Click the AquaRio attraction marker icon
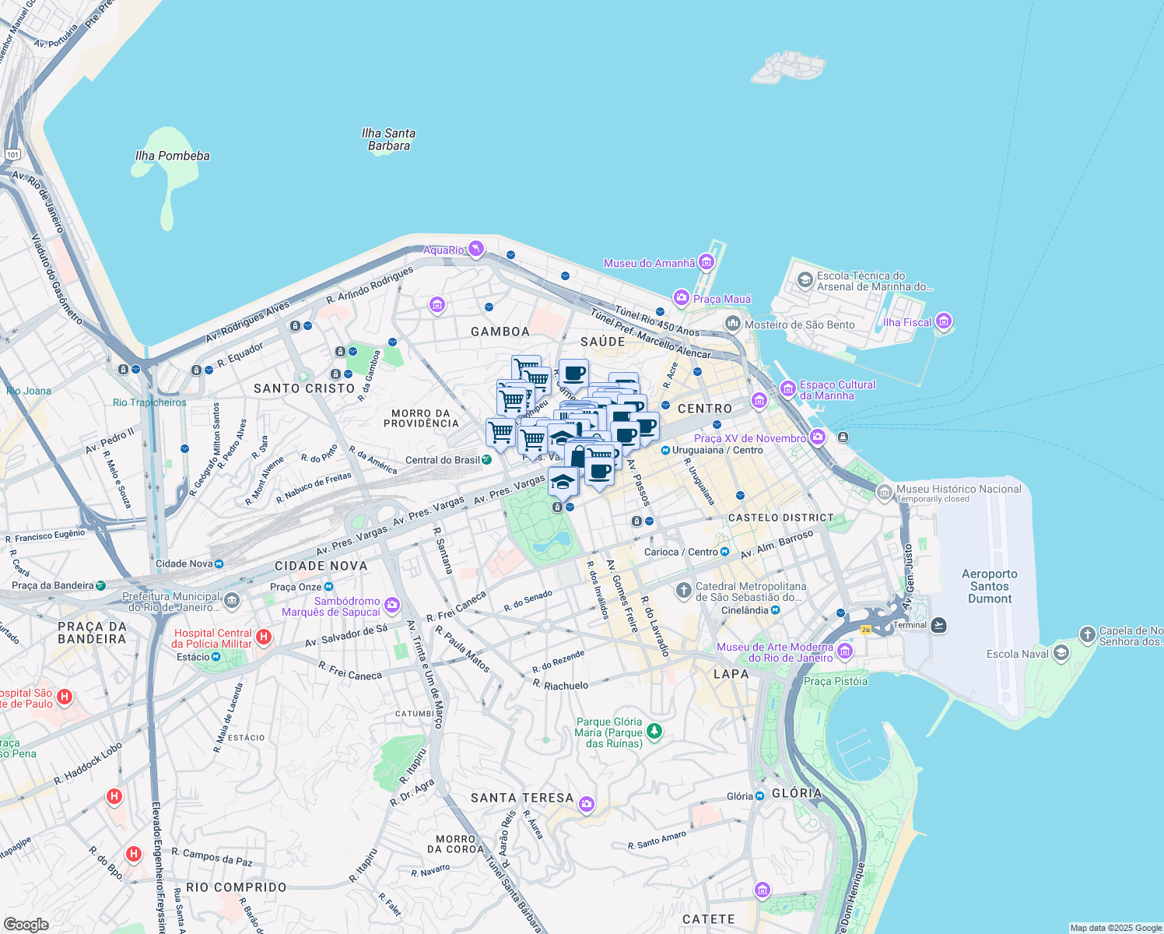tap(475, 249)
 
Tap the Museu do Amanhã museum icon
tap(706, 262)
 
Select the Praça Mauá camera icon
tap(682, 298)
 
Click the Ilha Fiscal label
tap(907, 322)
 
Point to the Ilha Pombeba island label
tap(172, 156)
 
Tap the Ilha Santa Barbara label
tap(388, 139)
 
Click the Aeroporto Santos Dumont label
tap(989, 586)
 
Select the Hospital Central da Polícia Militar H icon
tap(264, 637)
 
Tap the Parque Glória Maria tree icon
tap(654, 731)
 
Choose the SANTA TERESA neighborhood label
tap(521, 798)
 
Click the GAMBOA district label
tap(500, 332)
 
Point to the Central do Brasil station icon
tap(486, 459)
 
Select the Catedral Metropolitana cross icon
tap(683, 591)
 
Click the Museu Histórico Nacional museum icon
tap(884, 492)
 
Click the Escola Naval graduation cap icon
tap(1061, 653)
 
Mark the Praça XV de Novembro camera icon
tap(817, 437)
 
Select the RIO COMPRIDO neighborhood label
tap(237, 887)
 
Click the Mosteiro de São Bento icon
tap(732, 323)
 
